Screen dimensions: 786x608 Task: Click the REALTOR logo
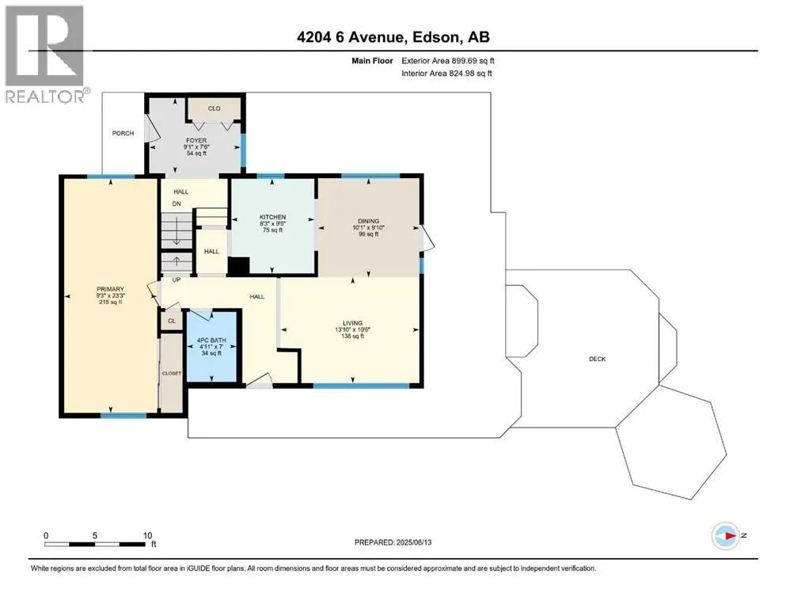[x=46, y=54]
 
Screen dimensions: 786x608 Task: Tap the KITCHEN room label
[x=273, y=217]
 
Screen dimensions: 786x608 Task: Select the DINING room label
[x=368, y=221]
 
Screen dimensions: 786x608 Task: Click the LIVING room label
[x=352, y=323]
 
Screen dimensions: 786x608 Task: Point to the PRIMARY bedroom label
[x=110, y=289]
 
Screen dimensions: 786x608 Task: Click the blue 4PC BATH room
[x=211, y=347]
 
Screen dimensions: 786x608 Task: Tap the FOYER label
[x=196, y=141]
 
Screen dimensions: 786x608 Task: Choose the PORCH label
[x=123, y=133]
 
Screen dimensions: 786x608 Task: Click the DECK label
[x=597, y=359]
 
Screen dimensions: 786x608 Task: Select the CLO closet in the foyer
[x=214, y=108]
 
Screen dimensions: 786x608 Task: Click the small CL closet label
[x=172, y=321]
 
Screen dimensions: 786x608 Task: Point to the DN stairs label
[x=177, y=204]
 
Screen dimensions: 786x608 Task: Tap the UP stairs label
[x=177, y=279]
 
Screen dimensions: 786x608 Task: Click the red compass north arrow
[x=728, y=536]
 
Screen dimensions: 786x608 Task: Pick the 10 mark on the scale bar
[x=147, y=535]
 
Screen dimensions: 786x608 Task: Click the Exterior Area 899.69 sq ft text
[x=448, y=61]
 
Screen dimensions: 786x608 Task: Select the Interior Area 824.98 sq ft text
[x=446, y=73]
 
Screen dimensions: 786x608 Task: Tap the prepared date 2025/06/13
[x=413, y=542]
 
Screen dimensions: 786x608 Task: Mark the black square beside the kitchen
[x=238, y=266]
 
